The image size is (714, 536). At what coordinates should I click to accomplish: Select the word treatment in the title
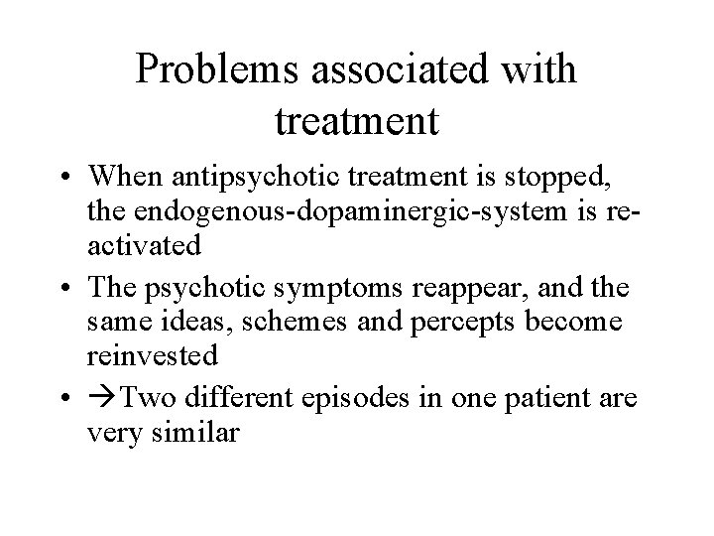click(354, 122)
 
